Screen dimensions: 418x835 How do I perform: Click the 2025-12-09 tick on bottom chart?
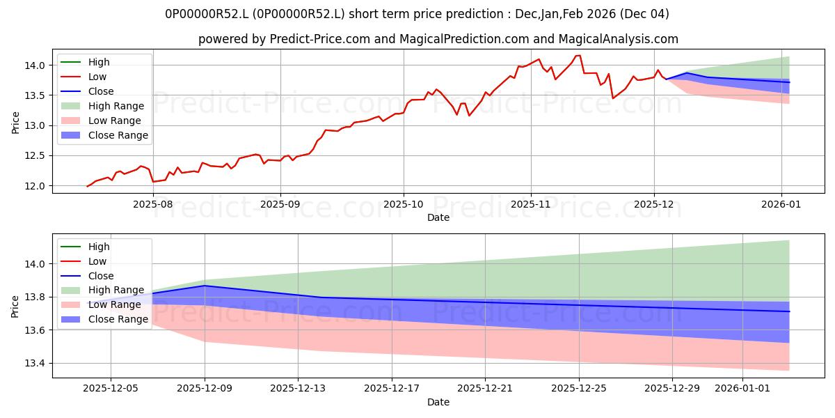(205, 389)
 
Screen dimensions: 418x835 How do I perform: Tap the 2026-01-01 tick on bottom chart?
(742, 389)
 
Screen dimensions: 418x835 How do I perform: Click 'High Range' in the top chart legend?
(116, 106)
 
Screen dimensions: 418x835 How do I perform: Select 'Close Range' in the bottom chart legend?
(118, 319)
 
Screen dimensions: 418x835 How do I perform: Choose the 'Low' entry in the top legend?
(97, 77)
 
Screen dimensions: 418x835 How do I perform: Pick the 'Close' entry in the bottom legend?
(101, 276)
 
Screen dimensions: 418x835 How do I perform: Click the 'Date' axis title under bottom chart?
(438, 402)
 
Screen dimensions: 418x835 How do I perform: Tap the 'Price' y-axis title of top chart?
(16, 123)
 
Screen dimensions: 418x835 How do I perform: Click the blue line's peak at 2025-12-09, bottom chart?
(205, 286)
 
